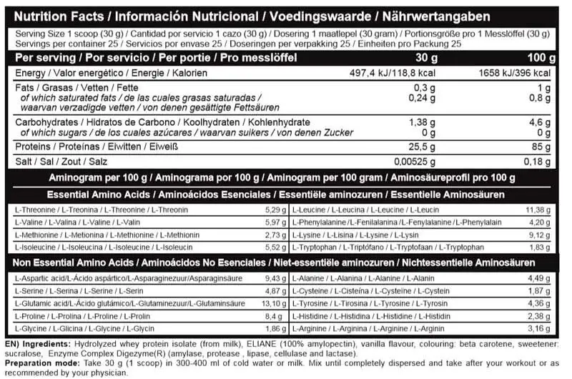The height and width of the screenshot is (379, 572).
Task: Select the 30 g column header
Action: pos(405,58)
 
